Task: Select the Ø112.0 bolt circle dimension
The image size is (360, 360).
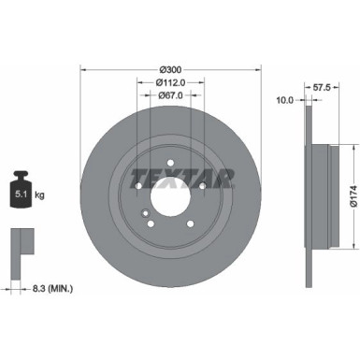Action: tap(169, 82)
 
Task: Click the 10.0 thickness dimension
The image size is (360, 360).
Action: tap(286, 99)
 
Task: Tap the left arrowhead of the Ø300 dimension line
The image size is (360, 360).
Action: tap(83, 69)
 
